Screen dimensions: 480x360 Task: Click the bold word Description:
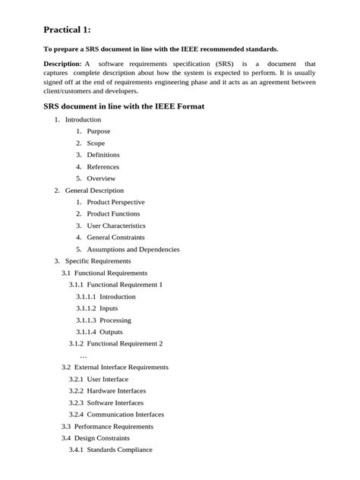[x=62, y=63]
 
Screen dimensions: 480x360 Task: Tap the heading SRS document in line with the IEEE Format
[x=123, y=106]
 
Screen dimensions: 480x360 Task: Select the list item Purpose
[x=99, y=131]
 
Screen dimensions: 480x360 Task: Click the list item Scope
[x=96, y=143]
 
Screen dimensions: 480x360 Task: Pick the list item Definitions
[x=103, y=155]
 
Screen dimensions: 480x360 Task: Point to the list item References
[x=103, y=166]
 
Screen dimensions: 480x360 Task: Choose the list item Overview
[x=101, y=178]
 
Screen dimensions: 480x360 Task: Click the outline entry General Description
[x=94, y=190]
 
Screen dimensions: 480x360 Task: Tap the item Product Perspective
[x=115, y=202]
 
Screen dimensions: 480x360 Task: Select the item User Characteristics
[x=116, y=226]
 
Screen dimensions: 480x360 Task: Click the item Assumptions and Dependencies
[x=133, y=249]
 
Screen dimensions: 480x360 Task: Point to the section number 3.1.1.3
[x=85, y=320]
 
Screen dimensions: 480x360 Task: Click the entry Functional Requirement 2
[x=125, y=343]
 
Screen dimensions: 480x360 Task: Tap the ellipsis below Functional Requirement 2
[x=84, y=355]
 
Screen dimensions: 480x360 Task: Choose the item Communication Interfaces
[x=125, y=414]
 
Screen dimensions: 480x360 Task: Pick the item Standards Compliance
[x=119, y=450]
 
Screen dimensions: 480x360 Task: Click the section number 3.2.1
[x=75, y=379]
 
